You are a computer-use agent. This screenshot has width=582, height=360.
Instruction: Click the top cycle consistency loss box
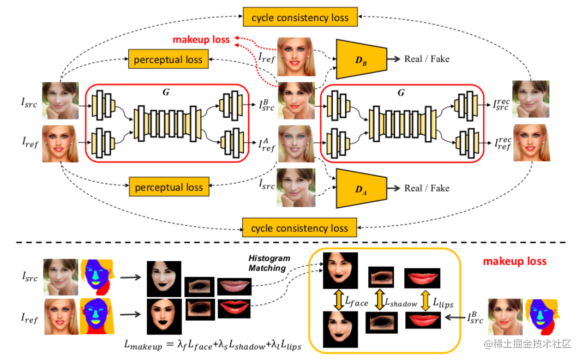click(300, 17)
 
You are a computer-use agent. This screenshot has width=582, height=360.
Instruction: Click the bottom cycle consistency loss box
click(299, 227)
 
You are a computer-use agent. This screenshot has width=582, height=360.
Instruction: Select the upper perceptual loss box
click(168, 59)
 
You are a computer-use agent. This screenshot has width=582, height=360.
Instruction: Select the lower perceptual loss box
click(169, 187)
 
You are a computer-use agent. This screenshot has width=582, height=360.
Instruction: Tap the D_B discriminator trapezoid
click(361, 59)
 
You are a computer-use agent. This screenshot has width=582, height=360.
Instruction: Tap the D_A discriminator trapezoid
click(361, 189)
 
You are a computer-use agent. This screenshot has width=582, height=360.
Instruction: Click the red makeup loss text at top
click(201, 40)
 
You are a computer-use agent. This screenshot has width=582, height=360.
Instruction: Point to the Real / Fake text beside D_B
click(427, 59)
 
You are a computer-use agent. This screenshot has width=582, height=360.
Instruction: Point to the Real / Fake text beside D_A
click(427, 188)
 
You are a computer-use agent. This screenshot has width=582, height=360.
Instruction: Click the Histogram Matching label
click(269, 263)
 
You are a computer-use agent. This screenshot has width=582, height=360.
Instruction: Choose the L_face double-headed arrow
click(339, 300)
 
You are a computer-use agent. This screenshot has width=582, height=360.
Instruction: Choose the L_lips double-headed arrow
click(425, 300)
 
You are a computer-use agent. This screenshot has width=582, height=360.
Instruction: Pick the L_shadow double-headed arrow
click(379, 299)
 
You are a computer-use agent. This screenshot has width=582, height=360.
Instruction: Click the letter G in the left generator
click(166, 92)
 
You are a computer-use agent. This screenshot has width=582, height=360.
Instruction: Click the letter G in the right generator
click(401, 92)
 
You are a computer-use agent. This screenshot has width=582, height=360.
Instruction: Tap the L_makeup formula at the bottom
click(213, 345)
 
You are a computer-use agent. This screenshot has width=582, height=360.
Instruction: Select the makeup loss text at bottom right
click(514, 261)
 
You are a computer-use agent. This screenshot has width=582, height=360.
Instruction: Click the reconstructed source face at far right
click(531, 99)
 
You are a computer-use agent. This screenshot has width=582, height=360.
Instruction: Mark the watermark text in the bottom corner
click(527, 344)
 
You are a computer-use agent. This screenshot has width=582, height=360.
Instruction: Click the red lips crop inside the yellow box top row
click(422, 278)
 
